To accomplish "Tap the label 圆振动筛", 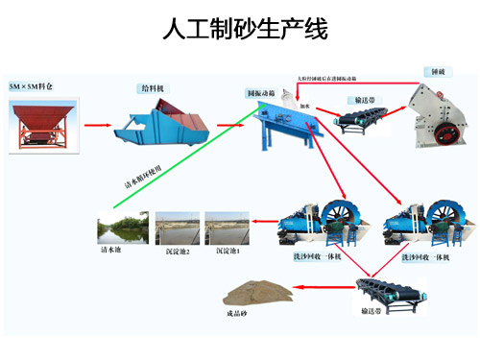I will (x=262, y=93).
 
